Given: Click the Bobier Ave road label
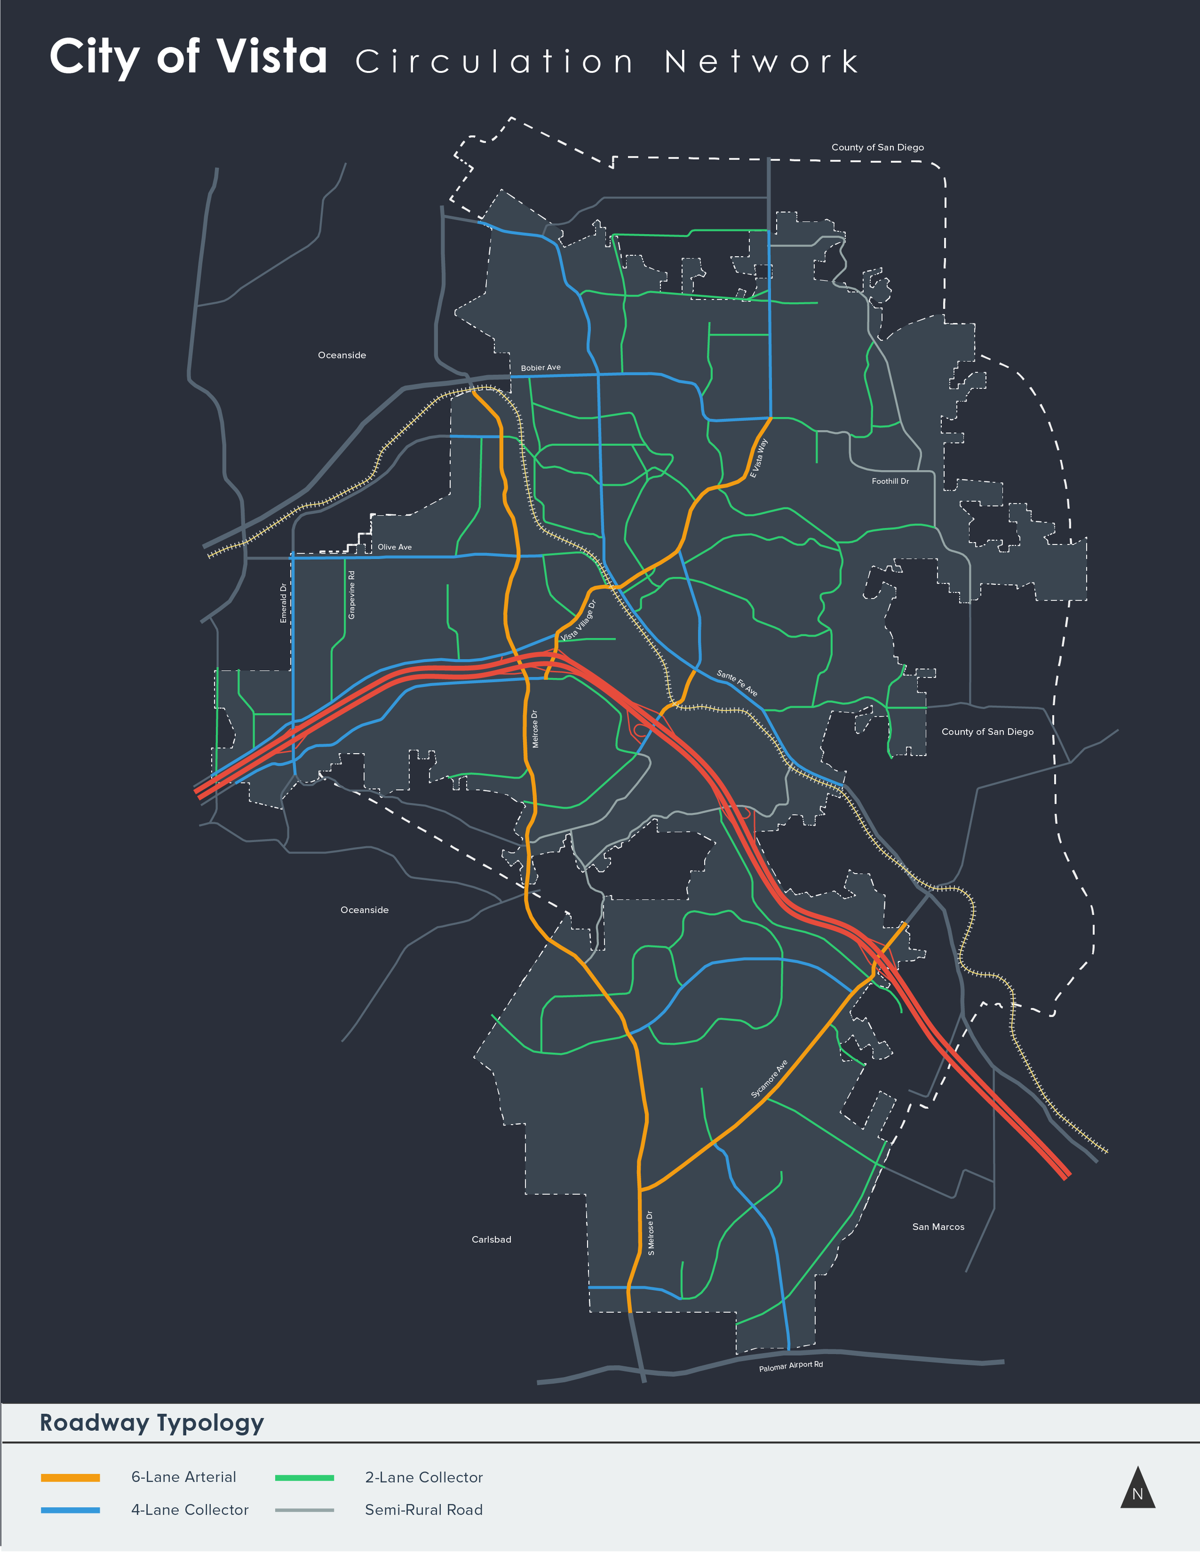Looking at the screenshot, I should point(540,367).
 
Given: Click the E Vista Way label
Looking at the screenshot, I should point(758,458).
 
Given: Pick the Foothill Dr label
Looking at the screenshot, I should point(890,481).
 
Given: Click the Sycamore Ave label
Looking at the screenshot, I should point(769,1079).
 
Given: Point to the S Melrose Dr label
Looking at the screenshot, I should point(650,1233).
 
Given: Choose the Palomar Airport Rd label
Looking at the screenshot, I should point(791,1366).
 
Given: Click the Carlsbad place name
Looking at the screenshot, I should point(491,1239).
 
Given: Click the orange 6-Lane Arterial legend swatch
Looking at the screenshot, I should point(71,1477).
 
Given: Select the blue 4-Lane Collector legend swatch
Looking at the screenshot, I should point(71,1510).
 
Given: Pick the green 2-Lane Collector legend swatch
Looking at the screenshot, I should point(304,1477).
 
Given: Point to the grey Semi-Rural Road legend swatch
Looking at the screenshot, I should point(304,1510).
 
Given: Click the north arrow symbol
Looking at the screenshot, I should point(1138,1488).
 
